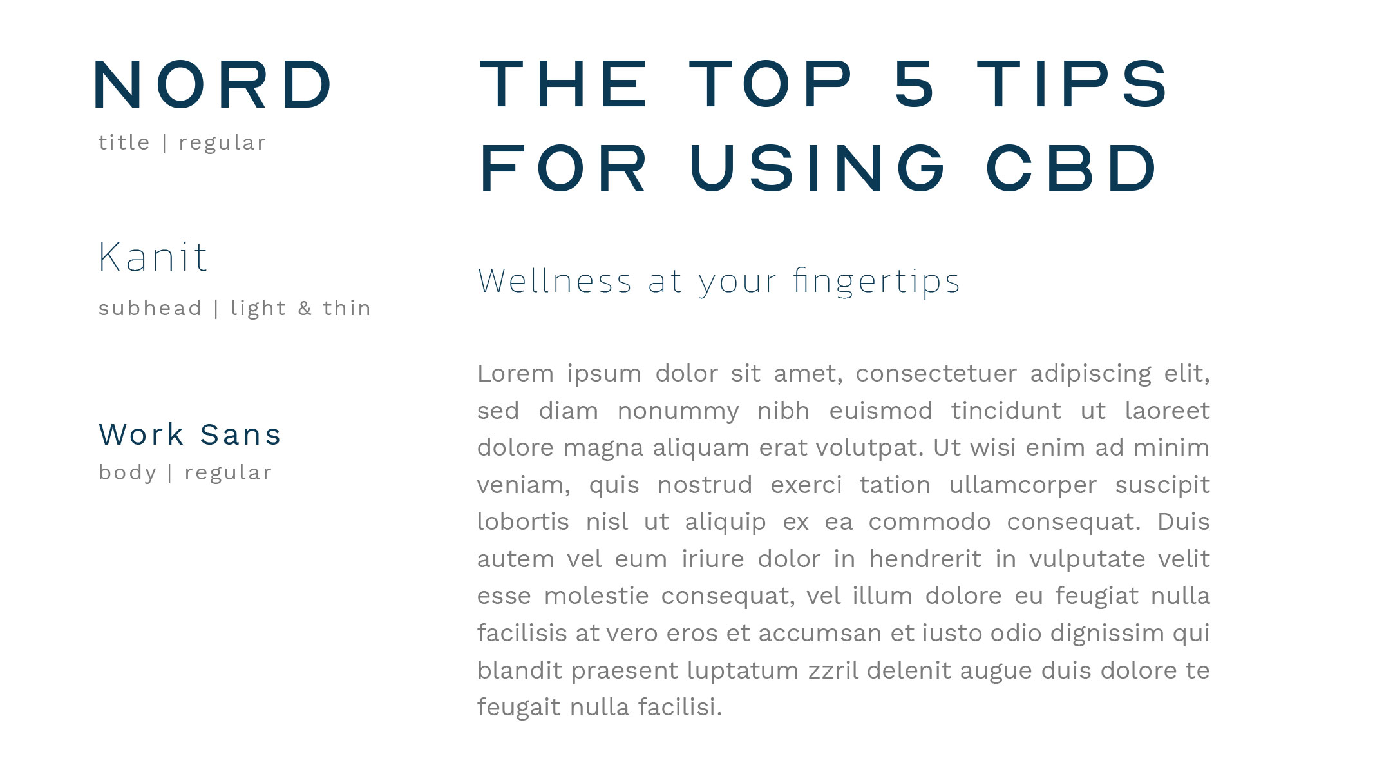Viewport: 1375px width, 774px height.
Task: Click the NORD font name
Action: (x=213, y=85)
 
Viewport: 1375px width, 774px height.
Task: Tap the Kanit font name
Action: (x=153, y=256)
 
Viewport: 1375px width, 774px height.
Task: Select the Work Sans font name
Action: (x=190, y=434)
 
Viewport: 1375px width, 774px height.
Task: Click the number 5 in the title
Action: (x=915, y=84)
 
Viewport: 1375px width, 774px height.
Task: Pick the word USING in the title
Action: (x=817, y=168)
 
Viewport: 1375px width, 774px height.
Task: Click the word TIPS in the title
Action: (x=1073, y=84)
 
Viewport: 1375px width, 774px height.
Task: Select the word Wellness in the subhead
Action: (x=555, y=281)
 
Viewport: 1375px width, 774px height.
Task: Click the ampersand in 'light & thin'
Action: (x=305, y=308)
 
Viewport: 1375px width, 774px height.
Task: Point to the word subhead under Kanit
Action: (x=150, y=308)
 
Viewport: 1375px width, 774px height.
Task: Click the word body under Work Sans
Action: (x=128, y=473)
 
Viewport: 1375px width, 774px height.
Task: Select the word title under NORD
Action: (x=124, y=142)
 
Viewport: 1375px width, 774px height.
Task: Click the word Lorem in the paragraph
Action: (x=515, y=373)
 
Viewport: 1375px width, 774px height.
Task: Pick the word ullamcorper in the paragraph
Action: (x=1023, y=485)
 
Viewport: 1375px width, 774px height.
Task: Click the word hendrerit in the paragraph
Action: (x=925, y=559)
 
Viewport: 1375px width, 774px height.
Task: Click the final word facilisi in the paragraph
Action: (x=680, y=707)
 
